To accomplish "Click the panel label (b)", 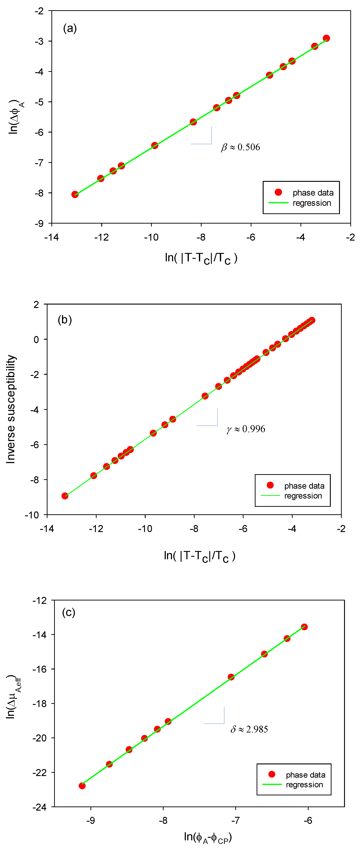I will (65, 320).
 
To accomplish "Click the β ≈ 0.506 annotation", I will (240, 147).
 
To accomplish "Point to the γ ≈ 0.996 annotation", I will (246, 429).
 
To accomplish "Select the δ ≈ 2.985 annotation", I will (249, 729).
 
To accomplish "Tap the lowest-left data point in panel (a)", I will (75, 194).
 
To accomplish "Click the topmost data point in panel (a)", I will (326, 38).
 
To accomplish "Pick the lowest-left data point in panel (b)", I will (65, 496).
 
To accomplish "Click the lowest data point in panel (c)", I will (82, 786).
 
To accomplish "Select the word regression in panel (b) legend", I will (303, 496).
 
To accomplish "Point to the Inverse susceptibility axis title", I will (11, 409).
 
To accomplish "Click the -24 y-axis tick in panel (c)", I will (39, 807).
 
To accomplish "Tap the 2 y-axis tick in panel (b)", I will (36, 304).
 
